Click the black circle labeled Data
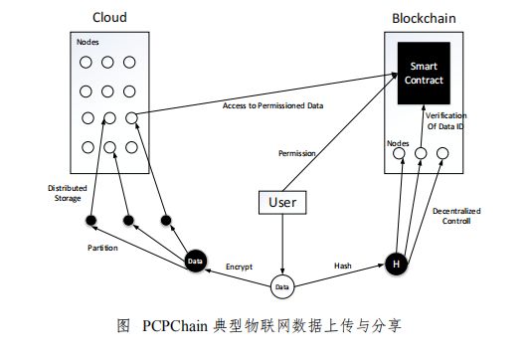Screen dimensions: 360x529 point(195,261)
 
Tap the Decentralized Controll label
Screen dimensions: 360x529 point(456,216)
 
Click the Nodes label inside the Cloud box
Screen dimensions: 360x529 point(88,43)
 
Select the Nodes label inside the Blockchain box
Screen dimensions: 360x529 point(399,143)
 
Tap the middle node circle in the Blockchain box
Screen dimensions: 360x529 point(422,153)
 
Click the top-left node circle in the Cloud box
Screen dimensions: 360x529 point(88,63)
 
